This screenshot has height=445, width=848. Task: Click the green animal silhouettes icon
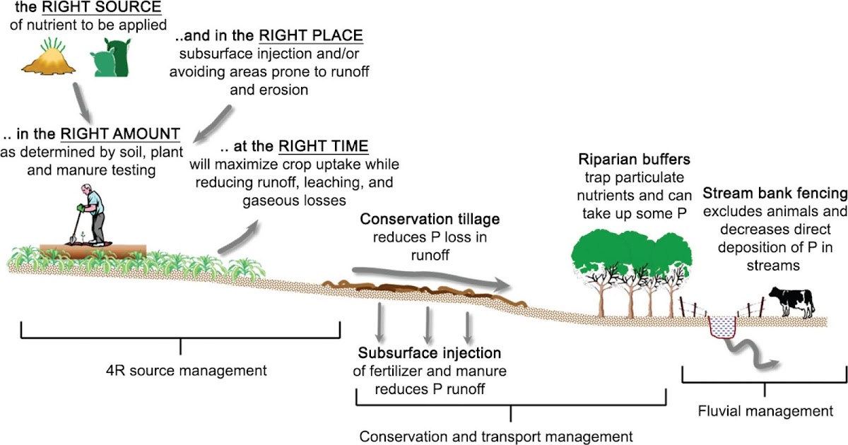[x=111, y=58]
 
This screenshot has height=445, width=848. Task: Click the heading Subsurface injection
[x=430, y=353]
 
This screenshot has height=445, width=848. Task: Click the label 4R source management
[x=182, y=369]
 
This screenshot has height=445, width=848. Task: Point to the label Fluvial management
[x=765, y=410]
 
